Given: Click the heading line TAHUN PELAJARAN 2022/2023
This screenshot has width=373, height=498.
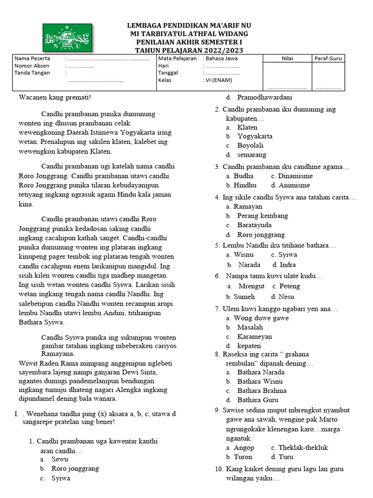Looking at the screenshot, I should (x=189, y=51).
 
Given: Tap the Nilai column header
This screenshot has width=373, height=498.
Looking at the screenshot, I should (x=287, y=58).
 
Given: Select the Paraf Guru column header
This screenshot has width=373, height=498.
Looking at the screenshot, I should (x=328, y=58).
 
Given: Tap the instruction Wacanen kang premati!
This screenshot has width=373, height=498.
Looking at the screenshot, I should (x=55, y=97).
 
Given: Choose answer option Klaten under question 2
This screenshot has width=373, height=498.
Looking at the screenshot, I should (x=247, y=127).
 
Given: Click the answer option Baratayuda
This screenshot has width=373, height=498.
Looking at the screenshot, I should (x=254, y=225).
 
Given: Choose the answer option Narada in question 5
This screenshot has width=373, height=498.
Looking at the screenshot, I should (x=249, y=265).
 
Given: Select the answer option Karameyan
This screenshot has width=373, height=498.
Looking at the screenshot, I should (x=254, y=337).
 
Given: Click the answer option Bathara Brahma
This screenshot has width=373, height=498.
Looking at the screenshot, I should (x=262, y=391).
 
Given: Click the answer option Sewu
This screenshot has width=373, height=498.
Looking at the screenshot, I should (x=60, y=459).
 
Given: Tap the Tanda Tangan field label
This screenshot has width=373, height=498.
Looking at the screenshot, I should (x=31, y=73).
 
